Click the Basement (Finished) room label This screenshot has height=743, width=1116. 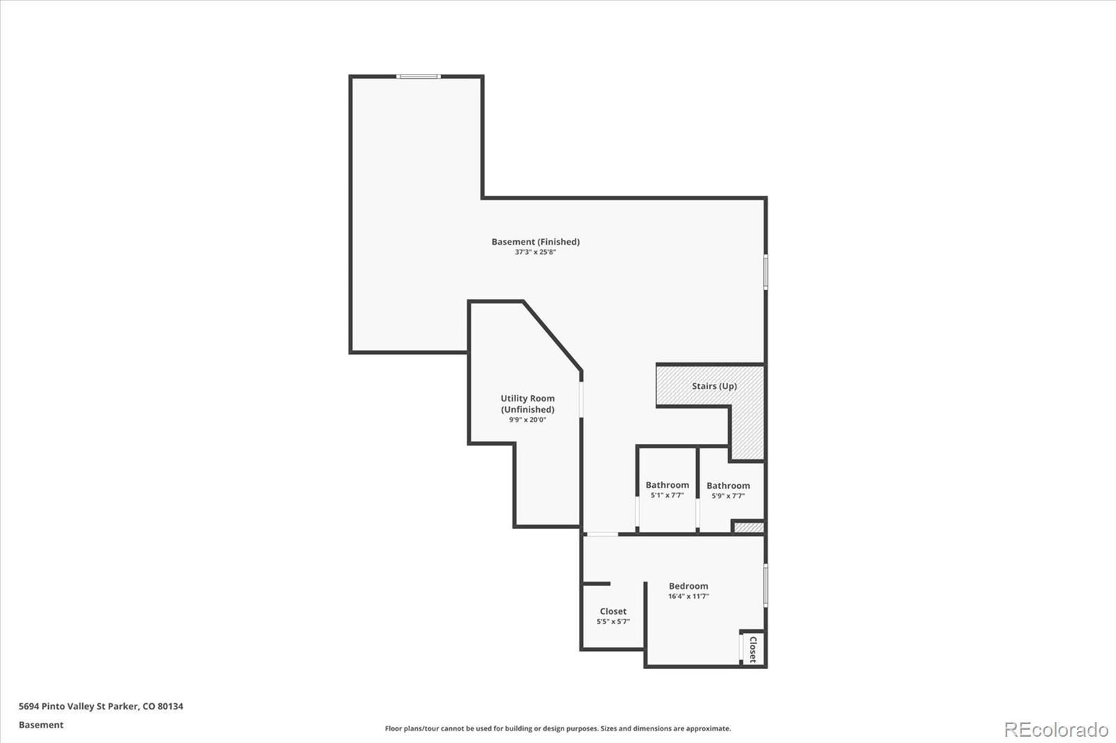coord(535,242)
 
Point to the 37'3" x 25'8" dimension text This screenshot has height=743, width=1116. coord(535,252)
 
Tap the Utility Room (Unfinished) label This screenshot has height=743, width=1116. coord(527,404)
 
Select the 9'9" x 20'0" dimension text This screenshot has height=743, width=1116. coord(527,420)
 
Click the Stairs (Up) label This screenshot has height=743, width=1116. coord(714,386)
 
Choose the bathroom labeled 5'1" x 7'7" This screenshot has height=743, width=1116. coord(667,489)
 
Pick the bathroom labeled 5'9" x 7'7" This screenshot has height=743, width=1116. coord(728,490)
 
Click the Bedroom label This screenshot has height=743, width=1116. coord(688,586)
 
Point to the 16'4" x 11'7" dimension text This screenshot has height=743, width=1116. coord(688,597)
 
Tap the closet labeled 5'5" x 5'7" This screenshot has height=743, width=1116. coord(613,615)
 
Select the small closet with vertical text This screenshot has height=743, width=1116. coord(753,649)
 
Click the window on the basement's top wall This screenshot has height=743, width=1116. coord(418,77)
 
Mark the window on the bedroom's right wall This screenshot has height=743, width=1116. coord(765,585)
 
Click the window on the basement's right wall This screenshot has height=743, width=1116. coord(765,272)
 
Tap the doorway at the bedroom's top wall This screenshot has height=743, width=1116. coord(601,535)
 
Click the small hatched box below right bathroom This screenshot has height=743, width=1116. coord(749,527)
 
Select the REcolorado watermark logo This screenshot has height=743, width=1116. coord(1056,730)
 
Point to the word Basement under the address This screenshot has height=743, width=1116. coord(41,725)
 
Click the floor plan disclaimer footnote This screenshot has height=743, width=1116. coord(558,728)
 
